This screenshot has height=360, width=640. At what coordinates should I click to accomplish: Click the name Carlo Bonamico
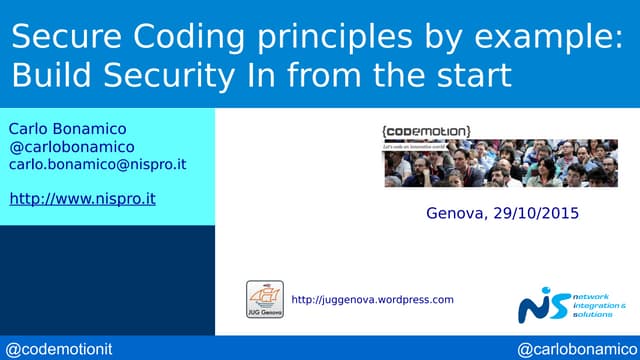tap(67, 129)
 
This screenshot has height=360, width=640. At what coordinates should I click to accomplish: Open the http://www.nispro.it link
tap(82, 198)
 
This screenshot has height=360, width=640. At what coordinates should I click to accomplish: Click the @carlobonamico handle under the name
tap(71, 147)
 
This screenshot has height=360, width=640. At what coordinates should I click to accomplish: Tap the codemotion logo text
tap(426, 130)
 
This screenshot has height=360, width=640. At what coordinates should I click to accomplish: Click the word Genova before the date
tap(456, 213)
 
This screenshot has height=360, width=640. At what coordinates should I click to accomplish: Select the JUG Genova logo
tap(264, 299)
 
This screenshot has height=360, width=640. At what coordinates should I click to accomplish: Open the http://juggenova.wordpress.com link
tap(372, 299)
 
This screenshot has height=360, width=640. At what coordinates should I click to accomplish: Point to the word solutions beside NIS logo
tap(596, 314)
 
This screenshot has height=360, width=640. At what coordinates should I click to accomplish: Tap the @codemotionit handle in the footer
tap(61, 349)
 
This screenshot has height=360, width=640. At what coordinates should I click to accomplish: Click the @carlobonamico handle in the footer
tap(574, 349)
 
